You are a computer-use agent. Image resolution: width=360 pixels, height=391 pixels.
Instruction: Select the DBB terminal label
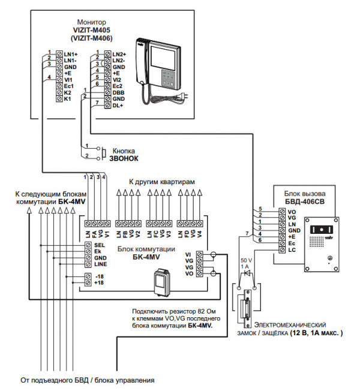[x=119, y=92]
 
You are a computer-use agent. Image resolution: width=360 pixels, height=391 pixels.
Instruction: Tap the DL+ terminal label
[x=118, y=106]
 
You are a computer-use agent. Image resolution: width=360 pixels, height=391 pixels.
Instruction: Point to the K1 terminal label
[x=68, y=99]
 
